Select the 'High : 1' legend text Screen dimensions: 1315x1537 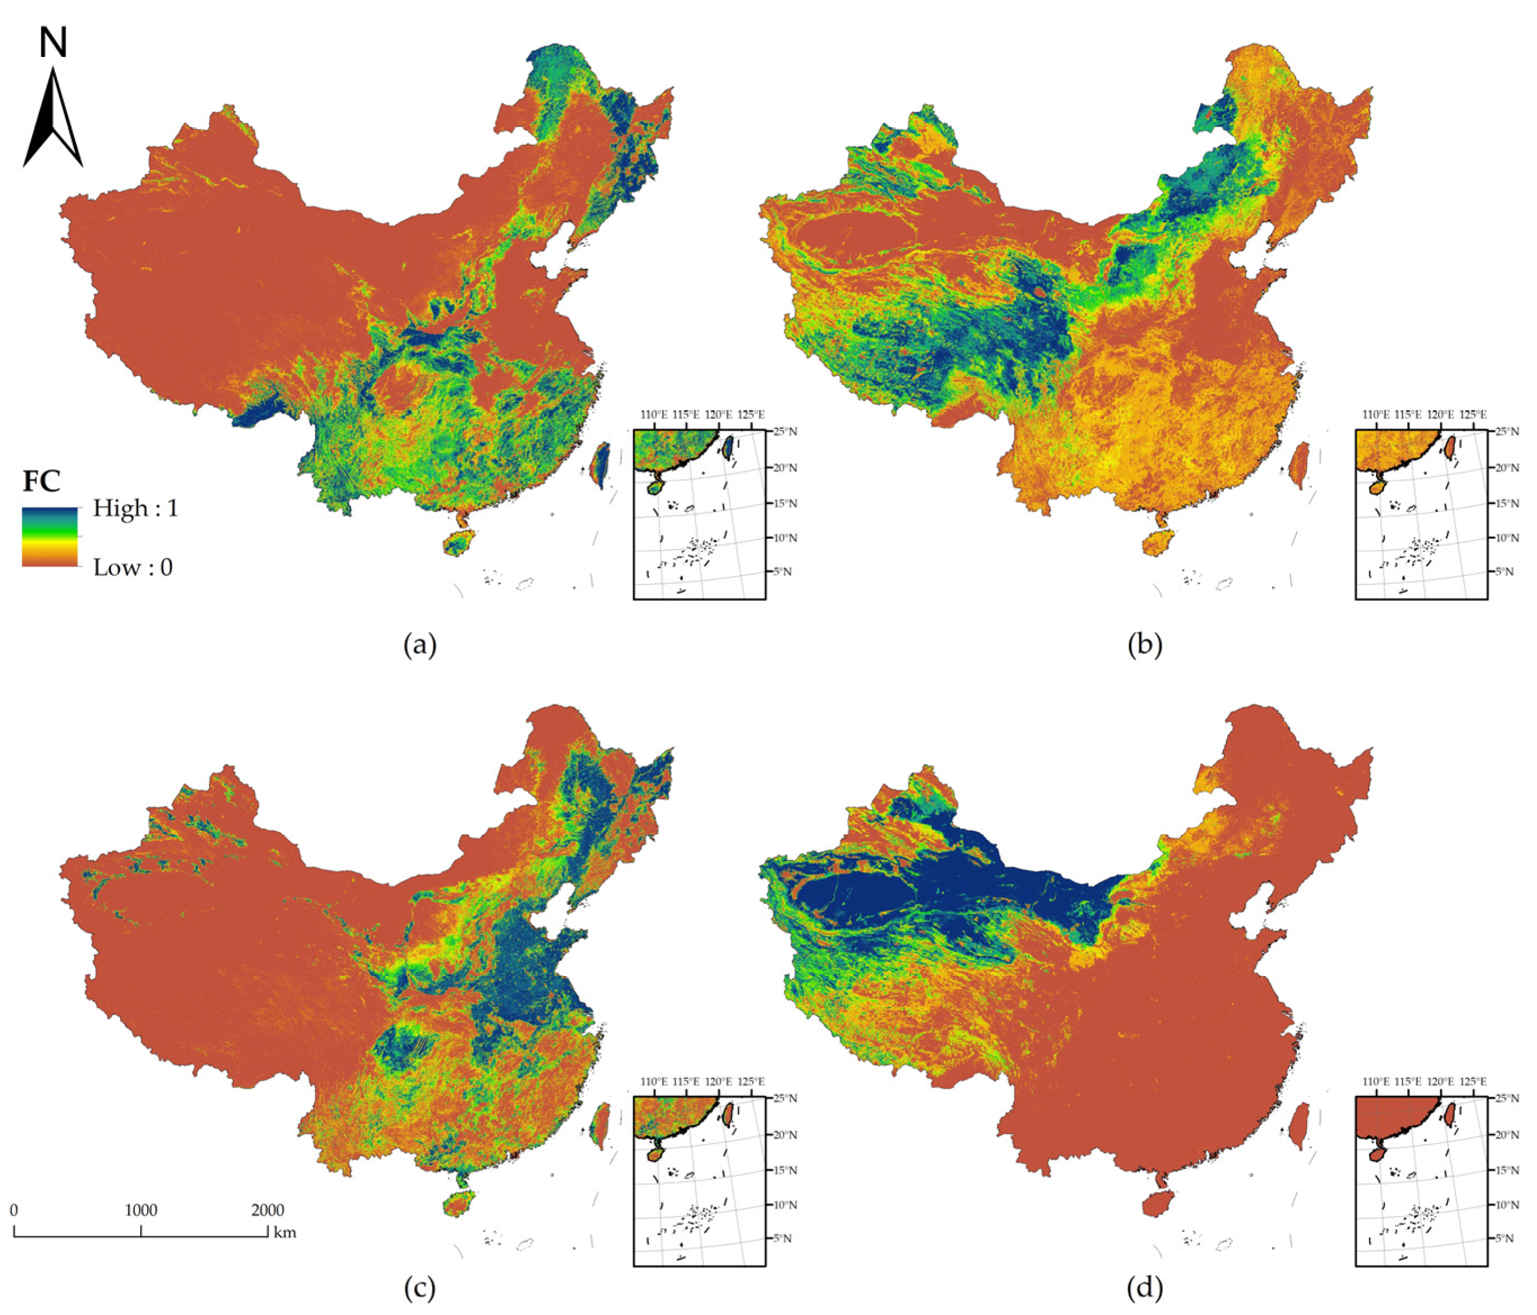coord(135,508)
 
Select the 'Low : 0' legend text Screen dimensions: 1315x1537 coord(132,568)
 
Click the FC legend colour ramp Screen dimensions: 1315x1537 coord(50,537)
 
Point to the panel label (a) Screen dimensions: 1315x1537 coord(420,645)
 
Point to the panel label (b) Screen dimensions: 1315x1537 coord(1145,645)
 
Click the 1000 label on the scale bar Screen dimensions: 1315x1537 coord(141,1210)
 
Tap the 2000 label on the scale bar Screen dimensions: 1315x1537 coord(267,1210)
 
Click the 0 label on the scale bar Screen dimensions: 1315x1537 coord(14,1210)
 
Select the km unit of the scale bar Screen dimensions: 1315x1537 coord(285,1233)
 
